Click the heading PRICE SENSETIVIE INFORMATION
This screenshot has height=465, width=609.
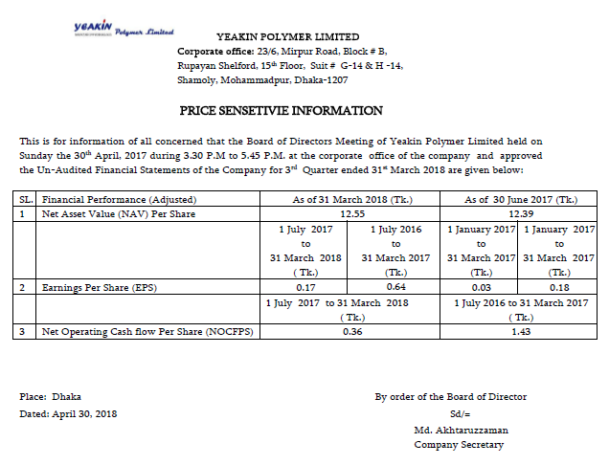coord(281,111)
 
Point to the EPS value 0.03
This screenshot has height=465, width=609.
coord(481,286)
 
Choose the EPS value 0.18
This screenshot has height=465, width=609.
coord(559,286)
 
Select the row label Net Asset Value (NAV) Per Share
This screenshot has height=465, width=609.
coord(118,213)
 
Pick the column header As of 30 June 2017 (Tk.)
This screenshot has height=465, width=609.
coord(521,199)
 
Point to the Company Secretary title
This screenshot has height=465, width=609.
coord(459,446)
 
